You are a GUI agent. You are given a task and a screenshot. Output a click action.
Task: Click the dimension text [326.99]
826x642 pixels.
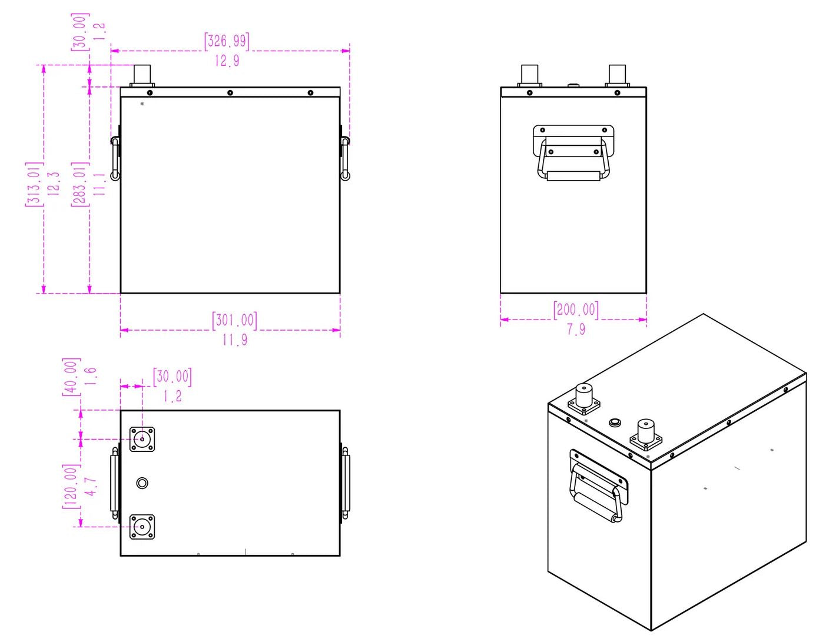click(227, 41)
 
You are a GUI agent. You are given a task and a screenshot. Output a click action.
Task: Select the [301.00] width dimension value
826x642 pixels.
click(234, 320)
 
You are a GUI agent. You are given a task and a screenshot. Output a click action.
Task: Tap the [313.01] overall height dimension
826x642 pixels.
click(34, 184)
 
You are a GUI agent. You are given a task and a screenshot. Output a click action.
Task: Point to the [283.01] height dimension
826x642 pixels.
click(79, 184)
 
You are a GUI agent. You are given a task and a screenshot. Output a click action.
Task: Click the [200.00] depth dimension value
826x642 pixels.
click(575, 310)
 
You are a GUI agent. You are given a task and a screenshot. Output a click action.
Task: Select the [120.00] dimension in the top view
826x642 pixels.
click(71, 486)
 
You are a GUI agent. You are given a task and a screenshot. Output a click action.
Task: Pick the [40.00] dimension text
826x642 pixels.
click(70, 377)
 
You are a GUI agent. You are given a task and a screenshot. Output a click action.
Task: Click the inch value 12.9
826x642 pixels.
click(227, 61)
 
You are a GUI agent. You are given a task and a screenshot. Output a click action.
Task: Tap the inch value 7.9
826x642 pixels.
click(576, 330)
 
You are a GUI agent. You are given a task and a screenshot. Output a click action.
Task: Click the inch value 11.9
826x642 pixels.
click(234, 340)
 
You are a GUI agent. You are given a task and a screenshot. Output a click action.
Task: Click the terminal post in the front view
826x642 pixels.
click(142, 75)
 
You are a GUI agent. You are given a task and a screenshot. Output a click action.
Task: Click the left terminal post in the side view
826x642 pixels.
click(530, 75)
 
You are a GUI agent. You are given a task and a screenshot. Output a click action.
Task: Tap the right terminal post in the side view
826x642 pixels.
click(617, 75)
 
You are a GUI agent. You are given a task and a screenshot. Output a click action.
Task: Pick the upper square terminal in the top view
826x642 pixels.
click(142, 439)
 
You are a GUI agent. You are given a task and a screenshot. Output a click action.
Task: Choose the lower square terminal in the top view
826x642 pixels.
click(142, 527)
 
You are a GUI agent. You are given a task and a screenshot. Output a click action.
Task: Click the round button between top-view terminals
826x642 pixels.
click(142, 483)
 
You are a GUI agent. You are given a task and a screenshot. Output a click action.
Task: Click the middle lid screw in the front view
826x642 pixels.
click(230, 92)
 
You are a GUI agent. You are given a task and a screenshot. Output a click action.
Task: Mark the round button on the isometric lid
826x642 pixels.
click(615, 423)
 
